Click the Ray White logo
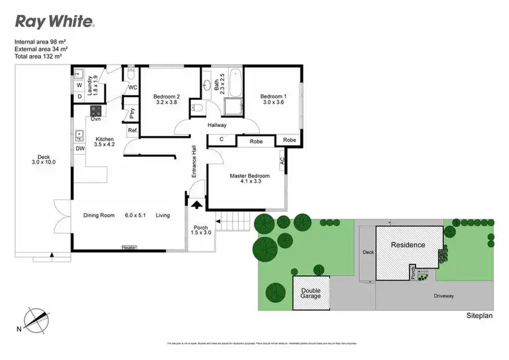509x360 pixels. pos(55,21)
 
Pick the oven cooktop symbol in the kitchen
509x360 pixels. pos(96,111)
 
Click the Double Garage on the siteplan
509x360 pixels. pos(312,293)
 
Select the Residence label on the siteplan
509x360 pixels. pos(407,245)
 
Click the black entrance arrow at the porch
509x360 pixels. pos(197,203)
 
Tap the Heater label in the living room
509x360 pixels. pos(129,248)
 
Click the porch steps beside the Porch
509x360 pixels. pos(230,222)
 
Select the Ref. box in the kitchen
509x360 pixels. pos(132,130)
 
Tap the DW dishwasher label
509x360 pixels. pos(79,147)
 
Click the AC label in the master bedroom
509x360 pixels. pos(282,162)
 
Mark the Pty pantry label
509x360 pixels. pos(132,112)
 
